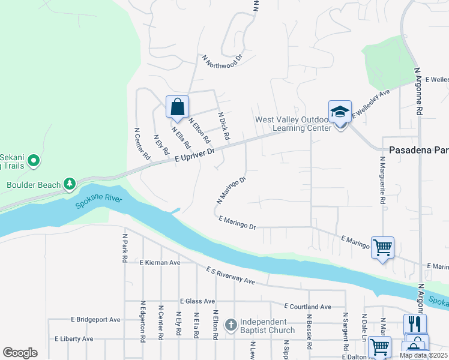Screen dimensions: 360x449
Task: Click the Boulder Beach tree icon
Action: tap(70, 184)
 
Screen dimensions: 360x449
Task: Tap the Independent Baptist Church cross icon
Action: tap(231, 325)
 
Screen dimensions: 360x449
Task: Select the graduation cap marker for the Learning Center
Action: tap(340, 112)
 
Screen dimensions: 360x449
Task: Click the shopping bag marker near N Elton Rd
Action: tap(177, 108)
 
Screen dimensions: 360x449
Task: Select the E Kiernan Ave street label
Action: tap(160, 263)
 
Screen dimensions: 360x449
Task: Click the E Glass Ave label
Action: tap(197, 301)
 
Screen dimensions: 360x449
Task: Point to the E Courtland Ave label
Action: tap(307, 307)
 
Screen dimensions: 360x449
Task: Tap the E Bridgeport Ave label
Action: tap(96, 320)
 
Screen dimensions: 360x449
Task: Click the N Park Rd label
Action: tap(125, 248)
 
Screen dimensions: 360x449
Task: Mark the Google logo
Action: tap(20, 353)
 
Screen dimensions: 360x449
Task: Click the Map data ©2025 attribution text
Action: tap(423, 355)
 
